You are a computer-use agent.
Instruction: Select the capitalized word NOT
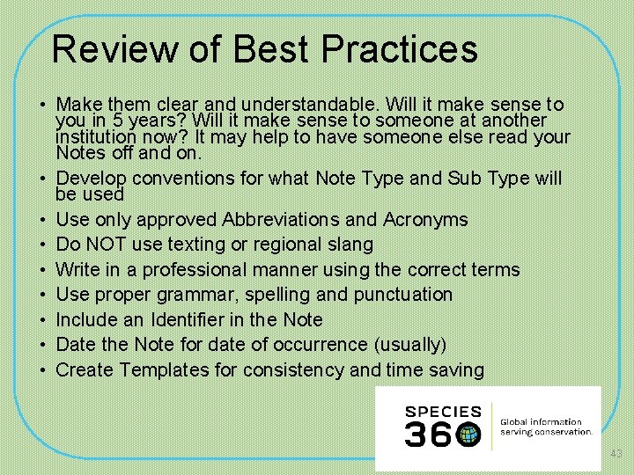(107, 244)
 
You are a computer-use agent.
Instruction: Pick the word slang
(350, 244)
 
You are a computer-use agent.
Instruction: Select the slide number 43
(616, 454)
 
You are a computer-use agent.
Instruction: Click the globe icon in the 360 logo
(469, 434)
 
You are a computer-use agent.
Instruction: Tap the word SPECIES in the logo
(443, 412)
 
